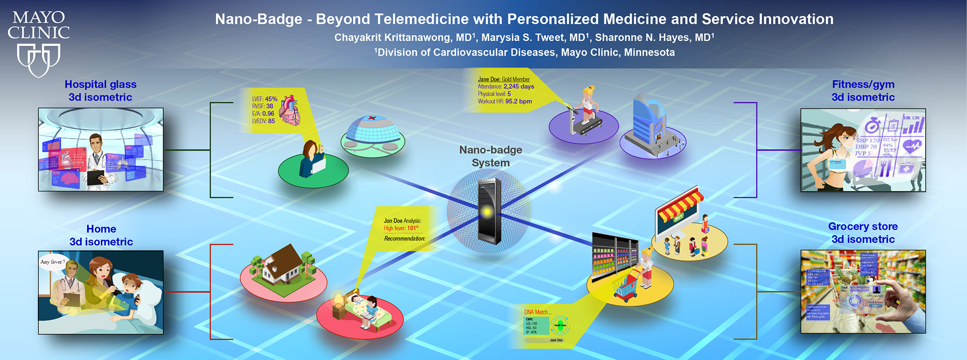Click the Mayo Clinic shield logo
pyautogui.click(x=39, y=59)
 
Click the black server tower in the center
pyautogui.click(x=489, y=211)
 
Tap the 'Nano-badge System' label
pyautogui.click(x=491, y=156)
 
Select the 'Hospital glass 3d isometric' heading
pyautogui.click(x=100, y=91)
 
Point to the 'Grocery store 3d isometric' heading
pyautogui.click(x=863, y=233)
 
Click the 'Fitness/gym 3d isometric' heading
pyautogui.click(x=863, y=91)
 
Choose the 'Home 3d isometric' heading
pyautogui.click(x=101, y=235)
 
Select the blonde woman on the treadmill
pyautogui.click(x=587, y=105)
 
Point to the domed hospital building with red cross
pyautogui.click(x=372, y=131)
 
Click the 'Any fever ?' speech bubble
pyautogui.click(x=53, y=262)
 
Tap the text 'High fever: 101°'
pyautogui.click(x=401, y=229)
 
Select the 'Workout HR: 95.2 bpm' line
pyautogui.click(x=505, y=101)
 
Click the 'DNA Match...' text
pyautogui.click(x=538, y=312)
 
